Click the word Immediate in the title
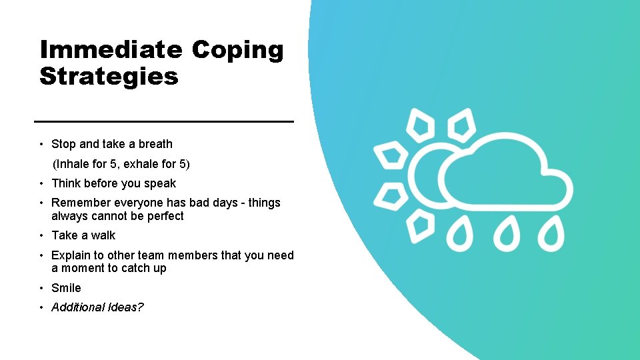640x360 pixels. click(x=111, y=50)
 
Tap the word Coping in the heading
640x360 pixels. click(x=238, y=50)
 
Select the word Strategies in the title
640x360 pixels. click(x=109, y=76)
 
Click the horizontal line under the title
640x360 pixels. click(x=164, y=121)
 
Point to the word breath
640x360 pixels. click(x=155, y=144)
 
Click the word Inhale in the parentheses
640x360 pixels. click(x=73, y=164)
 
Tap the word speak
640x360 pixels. click(x=161, y=183)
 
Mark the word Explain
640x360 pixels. click(x=71, y=255)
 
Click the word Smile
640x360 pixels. click(x=66, y=288)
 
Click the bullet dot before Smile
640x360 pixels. click(x=41, y=288)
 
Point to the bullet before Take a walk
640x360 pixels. click(x=41, y=235)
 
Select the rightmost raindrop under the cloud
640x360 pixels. click(x=551, y=235)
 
